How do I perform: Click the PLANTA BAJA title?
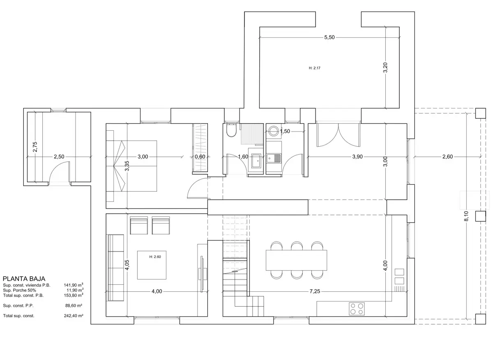24,279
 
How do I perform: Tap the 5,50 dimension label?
329,37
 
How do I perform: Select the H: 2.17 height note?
315,68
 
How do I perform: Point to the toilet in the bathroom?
231,130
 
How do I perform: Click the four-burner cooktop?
357,309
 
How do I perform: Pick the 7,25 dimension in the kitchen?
315,291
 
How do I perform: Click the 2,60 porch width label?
447,157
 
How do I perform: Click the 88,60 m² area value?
74,306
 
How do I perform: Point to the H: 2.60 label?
155,257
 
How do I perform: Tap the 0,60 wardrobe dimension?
200,157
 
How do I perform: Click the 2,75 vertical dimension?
35,147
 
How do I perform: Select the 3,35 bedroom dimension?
127,166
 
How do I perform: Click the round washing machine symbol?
274,131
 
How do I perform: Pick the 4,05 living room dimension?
127,265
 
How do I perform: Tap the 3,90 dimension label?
357,157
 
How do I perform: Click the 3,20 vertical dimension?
385,67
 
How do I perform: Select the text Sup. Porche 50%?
20,290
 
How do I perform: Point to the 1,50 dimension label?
285,131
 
